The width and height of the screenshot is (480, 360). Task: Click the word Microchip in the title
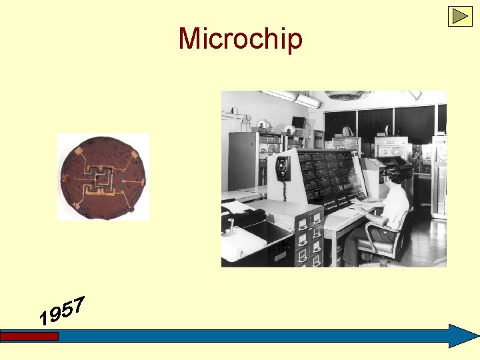point(240,39)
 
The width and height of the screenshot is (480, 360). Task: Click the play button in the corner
point(459,16)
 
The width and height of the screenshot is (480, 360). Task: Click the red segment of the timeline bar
point(29,337)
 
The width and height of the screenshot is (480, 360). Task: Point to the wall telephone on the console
point(283,167)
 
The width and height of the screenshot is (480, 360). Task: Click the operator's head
point(394,175)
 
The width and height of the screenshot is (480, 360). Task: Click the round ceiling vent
point(346,95)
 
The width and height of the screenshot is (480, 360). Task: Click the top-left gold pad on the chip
point(81,153)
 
